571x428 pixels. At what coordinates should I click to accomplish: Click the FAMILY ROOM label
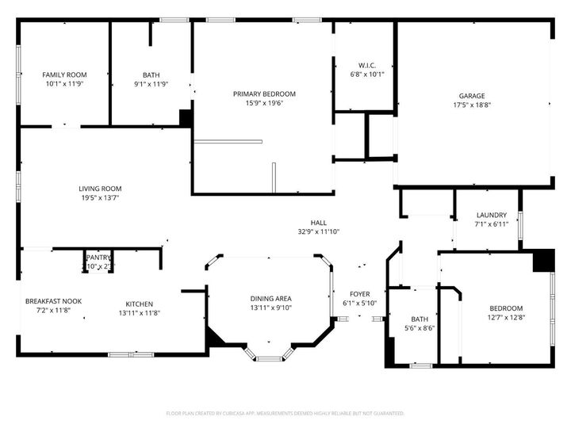pyautogui.click(x=64, y=75)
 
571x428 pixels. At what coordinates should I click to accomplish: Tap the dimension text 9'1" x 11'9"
pyautogui.click(x=151, y=83)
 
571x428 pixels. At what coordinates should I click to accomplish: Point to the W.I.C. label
pyautogui.click(x=366, y=66)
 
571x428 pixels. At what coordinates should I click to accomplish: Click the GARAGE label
pyautogui.click(x=472, y=96)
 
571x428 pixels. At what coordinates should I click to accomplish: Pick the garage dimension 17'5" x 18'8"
pyautogui.click(x=472, y=105)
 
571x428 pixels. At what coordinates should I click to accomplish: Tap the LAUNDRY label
pyautogui.click(x=491, y=215)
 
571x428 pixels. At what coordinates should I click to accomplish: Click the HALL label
pyautogui.click(x=318, y=223)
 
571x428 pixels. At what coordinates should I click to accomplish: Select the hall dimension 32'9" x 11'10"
pyautogui.click(x=318, y=231)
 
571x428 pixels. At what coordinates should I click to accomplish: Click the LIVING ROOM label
pyautogui.click(x=100, y=189)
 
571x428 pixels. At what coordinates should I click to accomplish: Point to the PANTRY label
pyautogui.click(x=99, y=258)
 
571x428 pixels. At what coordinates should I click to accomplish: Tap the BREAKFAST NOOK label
pyautogui.click(x=53, y=301)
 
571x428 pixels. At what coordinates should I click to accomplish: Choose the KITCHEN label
pyautogui.click(x=140, y=304)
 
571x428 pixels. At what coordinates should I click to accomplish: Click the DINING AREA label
pyautogui.click(x=271, y=298)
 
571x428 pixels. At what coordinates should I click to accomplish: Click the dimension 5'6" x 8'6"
pyautogui.click(x=420, y=327)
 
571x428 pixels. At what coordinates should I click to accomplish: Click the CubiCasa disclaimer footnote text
pyautogui.click(x=285, y=413)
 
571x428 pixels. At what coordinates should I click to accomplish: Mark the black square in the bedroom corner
pyautogui.click(x=542, y=261)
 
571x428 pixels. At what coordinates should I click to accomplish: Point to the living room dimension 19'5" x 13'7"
pyautogui.click(x=100, y=198)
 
